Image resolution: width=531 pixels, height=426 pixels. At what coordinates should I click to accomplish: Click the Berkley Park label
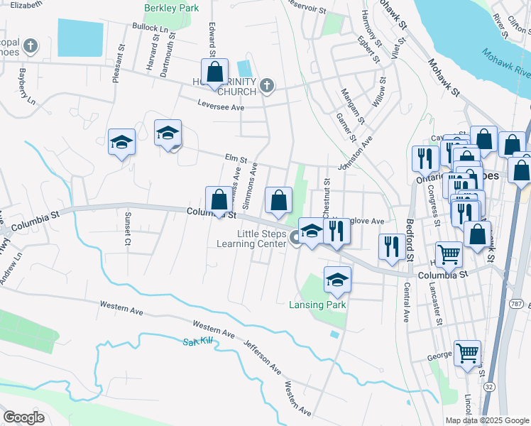(170, 7)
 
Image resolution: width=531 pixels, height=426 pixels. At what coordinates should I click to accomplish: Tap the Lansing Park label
(317, 305)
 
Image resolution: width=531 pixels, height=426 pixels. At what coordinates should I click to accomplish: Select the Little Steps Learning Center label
(251, 239)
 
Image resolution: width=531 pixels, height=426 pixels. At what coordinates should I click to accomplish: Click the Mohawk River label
(505, 63)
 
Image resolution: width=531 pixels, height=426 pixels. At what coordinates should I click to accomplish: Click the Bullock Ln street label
(150, 27)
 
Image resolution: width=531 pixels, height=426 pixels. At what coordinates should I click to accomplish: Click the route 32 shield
(490, 386)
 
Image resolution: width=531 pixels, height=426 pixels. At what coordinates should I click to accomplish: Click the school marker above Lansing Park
(337, 279)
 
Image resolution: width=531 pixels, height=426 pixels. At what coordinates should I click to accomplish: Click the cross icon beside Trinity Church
(267, 86)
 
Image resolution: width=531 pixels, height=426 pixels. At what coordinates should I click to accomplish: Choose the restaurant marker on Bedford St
(391, 246)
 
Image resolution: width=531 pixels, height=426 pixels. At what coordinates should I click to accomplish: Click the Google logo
(24, 417)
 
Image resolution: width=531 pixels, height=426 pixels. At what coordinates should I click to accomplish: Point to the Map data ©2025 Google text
(486, 420)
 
